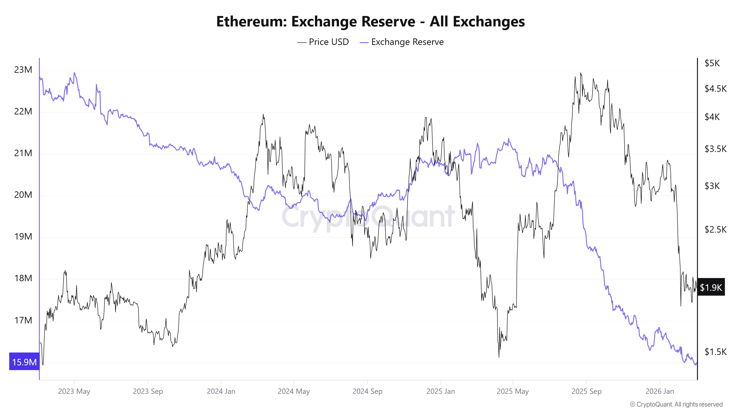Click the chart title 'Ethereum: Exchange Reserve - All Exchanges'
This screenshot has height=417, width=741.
[370, 22]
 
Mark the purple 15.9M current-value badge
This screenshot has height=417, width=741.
[24, 362]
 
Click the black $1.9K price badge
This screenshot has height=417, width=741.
[711, 287]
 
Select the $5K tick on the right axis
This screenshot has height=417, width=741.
[712, 63]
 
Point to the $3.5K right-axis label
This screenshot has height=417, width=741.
[715, 149]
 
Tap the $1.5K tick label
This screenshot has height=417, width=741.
[715, 352]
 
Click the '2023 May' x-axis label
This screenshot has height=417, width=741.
[74, 391]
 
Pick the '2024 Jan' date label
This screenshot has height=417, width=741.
[221, 391]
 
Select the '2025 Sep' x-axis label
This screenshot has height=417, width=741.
[586, 391]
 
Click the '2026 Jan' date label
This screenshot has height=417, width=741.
[659, 391]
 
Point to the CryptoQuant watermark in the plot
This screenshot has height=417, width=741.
[368, 216]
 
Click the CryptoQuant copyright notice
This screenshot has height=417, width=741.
[676, 404]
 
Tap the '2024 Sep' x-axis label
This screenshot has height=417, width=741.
[367, 391]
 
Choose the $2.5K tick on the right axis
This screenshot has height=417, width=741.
[715, 229]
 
